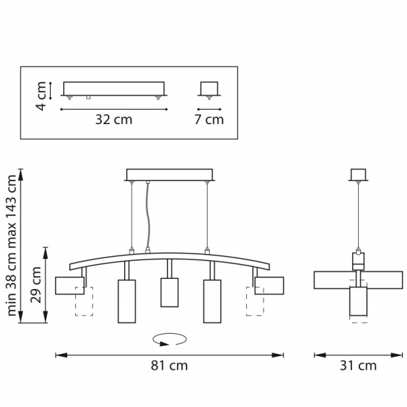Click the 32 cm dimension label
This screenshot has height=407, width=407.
click(x=113, y=120)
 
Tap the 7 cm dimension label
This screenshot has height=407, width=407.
click(x=209, y=120)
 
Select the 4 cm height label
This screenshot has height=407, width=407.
click(x=41, y=96)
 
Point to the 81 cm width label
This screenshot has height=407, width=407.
click(x=168, y=366)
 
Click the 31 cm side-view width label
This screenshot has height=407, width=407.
click(x=357, y=366)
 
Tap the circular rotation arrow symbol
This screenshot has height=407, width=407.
click(x=169, y=337)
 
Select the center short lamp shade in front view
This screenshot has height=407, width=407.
click(x=169, y=292)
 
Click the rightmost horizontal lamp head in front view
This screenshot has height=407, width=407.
click(x=269, y=286)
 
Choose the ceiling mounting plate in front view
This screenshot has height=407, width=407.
click(x=170, y=174)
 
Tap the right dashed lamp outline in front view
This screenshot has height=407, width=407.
click(x=254, y=301)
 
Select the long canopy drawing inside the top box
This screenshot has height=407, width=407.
click(x=113, y=90)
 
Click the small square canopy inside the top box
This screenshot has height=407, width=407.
click(x=209, y=90)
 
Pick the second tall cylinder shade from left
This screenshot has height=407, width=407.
click(x=127, y=301)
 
